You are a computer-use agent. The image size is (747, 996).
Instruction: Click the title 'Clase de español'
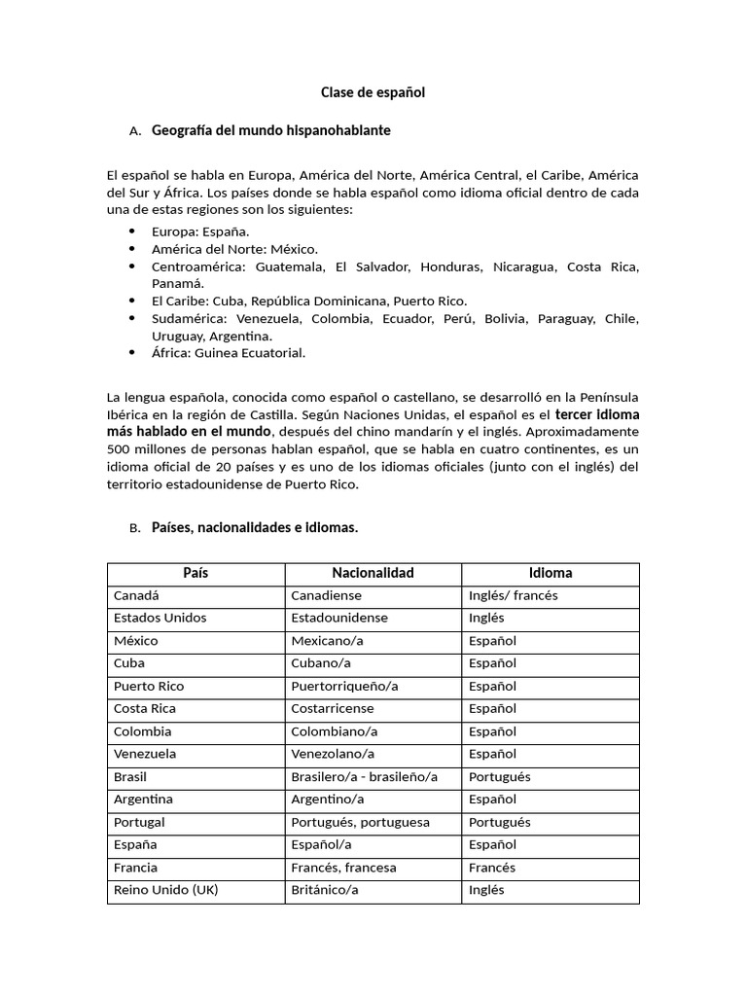(373, 92)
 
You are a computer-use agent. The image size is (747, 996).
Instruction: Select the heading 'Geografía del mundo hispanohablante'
(271, 129)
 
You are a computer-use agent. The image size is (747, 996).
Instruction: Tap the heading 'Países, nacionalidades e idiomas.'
(255, 527)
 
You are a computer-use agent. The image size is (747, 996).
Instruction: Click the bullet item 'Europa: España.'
(200, 231)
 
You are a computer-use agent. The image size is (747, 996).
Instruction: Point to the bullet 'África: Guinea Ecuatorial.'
(229, 352)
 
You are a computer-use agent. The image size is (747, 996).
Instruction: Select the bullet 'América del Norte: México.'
(234, 249)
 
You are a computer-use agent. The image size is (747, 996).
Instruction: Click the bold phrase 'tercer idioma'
(597, 414)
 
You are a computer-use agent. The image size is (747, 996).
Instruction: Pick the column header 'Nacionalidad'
(373, 573)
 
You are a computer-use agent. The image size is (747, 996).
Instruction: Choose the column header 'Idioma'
(550, 573)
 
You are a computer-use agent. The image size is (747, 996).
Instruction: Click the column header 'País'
(196, 573)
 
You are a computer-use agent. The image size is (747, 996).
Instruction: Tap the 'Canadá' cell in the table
(136, 595)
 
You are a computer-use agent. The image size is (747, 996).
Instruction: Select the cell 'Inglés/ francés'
(514, 595)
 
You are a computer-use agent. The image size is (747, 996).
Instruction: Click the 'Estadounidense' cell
(339, 618)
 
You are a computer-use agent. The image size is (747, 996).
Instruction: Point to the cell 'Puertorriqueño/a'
(344, 686)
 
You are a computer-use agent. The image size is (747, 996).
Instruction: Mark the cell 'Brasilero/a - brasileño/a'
(365, 776)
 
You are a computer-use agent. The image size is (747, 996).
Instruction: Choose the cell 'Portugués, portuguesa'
(360, 822)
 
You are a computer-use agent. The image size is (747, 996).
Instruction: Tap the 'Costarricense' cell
(336, 708)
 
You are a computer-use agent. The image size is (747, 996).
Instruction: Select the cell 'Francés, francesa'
(344, 868)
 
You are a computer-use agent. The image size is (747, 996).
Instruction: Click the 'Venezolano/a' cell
(333, 754)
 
